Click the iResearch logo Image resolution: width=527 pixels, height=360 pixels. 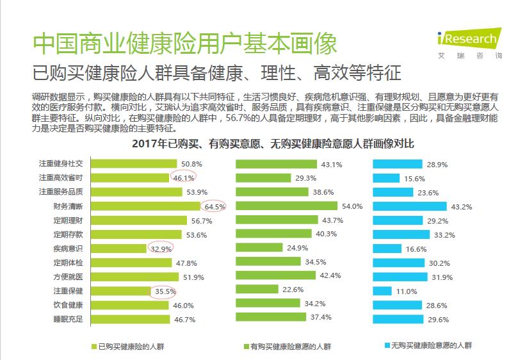469,44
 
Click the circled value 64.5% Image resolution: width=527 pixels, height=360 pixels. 215,207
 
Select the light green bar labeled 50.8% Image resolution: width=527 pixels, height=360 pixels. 134,164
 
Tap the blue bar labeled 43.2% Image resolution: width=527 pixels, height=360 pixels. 410,206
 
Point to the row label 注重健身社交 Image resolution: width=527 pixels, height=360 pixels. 61,164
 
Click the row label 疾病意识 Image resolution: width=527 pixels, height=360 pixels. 68,249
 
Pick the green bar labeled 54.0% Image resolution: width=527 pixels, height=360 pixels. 286,206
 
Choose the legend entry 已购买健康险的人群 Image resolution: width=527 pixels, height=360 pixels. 128,347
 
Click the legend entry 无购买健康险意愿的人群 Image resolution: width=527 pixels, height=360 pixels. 428,345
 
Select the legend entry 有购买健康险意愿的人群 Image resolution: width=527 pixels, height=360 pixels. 288,347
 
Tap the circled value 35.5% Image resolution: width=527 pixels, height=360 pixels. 165,291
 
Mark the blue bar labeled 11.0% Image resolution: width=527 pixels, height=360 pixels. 382,291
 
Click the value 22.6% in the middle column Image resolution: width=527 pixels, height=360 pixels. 293,290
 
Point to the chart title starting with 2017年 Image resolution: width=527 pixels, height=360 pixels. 273,144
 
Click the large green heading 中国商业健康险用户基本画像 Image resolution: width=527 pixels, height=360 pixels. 185,44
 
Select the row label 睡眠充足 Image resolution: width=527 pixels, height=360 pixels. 68,319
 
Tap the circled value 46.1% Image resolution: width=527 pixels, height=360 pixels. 184,178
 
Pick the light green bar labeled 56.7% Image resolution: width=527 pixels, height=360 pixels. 139,220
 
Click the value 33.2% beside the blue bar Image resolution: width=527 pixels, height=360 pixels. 444,235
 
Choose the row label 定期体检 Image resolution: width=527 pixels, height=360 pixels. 68,263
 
